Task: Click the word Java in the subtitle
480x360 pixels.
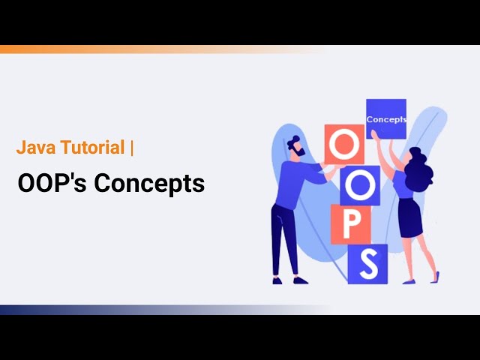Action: coord(33,148)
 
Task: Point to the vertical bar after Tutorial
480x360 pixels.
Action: coord(132,148)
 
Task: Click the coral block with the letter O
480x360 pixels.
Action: coord(343,144)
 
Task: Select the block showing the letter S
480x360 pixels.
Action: coord(367,263)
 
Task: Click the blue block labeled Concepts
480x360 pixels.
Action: coord(385,118)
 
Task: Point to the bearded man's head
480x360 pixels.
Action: coord(295,147)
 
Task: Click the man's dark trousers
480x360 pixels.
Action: coord(284,240)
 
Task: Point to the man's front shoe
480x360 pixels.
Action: coord(300,280)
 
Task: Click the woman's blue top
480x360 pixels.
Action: coord(404,185)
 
